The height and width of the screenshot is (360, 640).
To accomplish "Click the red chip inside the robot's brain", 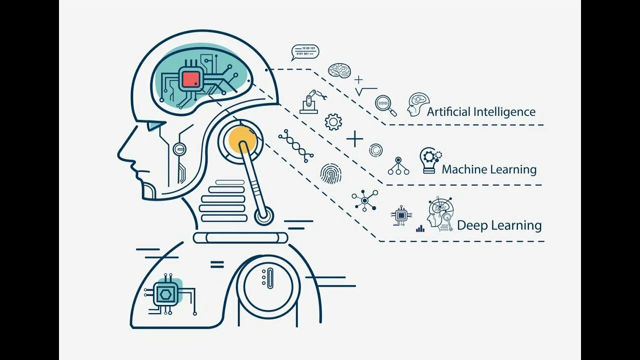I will tap(190, 79).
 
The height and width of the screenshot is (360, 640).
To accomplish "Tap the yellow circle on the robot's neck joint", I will tap(242, 139).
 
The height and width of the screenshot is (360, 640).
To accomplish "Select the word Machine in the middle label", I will tap(464, 169).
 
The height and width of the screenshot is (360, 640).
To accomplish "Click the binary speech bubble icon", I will tap(305, 52).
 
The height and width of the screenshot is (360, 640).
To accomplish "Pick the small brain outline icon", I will tap(339, 70).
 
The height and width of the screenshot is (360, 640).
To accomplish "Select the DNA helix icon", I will tap(296, 145).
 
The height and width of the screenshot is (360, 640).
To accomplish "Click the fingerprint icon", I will tap(330, 173).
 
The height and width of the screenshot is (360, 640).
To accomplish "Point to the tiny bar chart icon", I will tap(420, 228).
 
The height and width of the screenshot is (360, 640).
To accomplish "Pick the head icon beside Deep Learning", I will tap(440, 214).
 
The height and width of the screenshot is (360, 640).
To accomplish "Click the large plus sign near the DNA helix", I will tap(354, 138).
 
